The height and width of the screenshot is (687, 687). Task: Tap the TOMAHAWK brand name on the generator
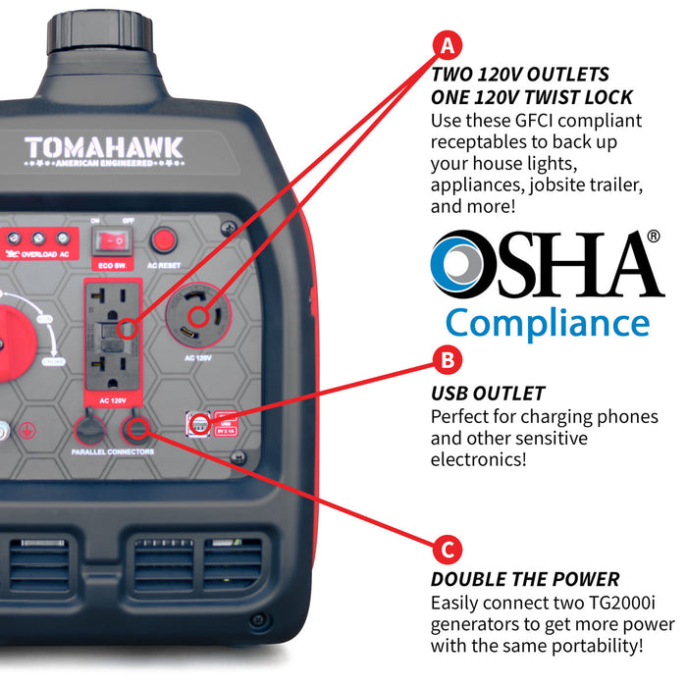(x=103, y=148)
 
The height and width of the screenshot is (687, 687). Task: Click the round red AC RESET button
(x=165, y=239)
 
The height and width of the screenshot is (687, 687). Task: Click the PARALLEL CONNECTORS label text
(x=112, y=452)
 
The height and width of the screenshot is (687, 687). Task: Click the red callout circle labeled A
(x=448, y=45)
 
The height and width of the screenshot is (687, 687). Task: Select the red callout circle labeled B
(x=448, y=359)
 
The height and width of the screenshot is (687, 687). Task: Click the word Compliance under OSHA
(x=547, y=323)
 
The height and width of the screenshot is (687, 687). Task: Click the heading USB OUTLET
(x=488, y=394)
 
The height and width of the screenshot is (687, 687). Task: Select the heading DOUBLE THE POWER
(x=525, y=579)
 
